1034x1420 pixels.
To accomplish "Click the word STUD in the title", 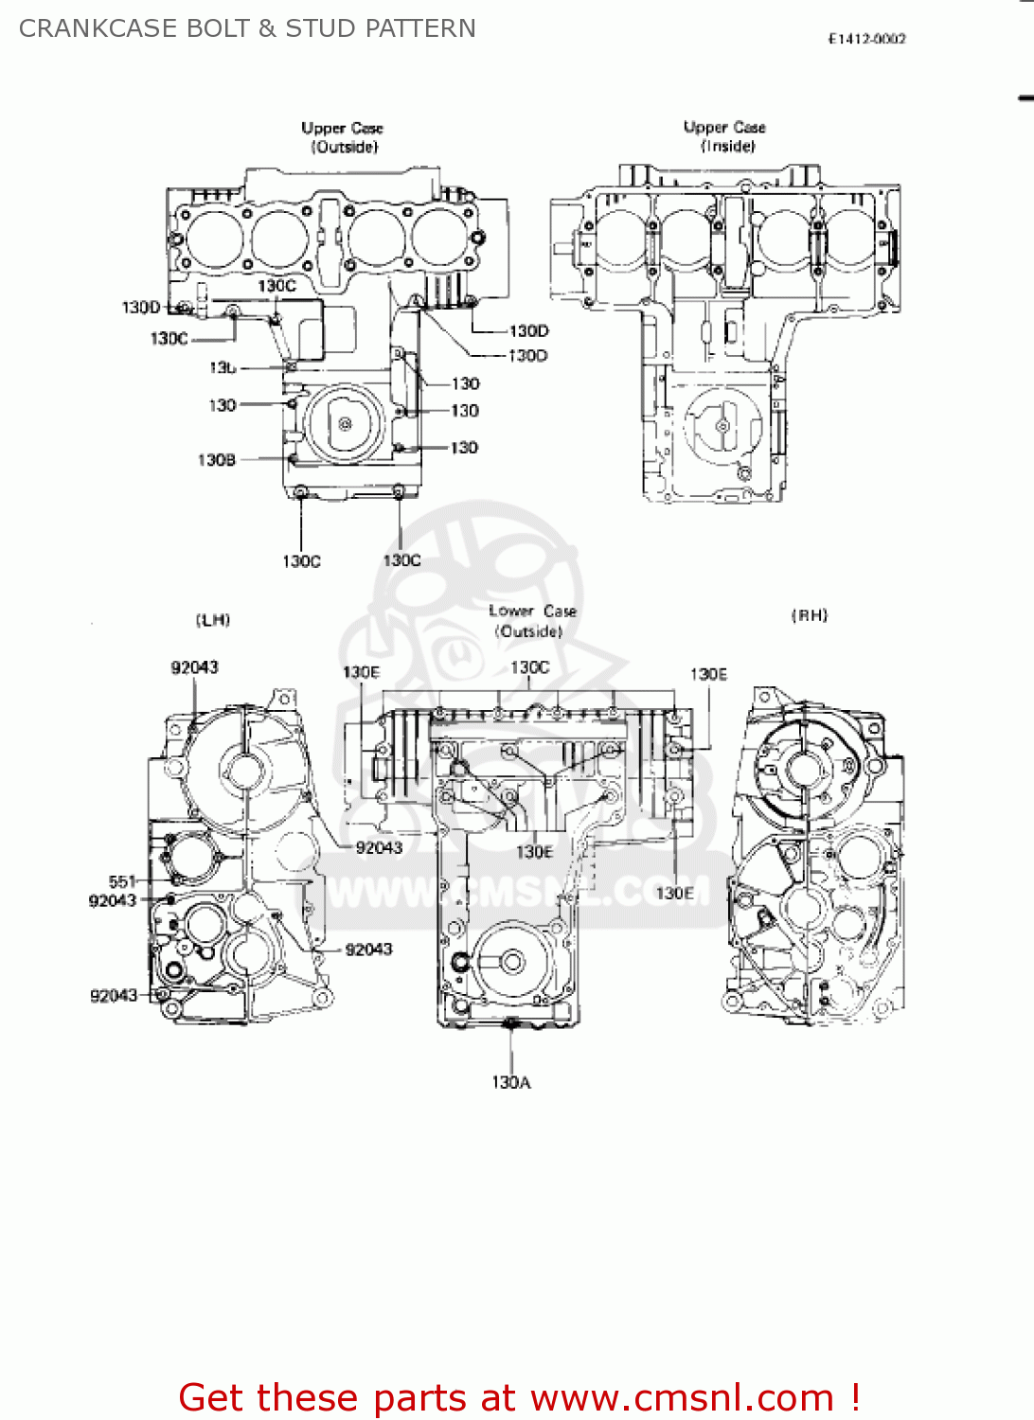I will [319, 28].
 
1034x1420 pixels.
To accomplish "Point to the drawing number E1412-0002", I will [866, 39].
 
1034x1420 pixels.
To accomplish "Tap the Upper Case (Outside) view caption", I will [343, 137].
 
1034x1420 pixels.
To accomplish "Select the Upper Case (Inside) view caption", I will [725, 136].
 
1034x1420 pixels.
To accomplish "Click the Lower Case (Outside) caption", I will [532, 621].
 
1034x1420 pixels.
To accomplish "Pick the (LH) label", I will [213, 620].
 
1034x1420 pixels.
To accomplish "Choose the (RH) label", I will [810, 615].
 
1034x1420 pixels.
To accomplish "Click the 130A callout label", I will [511, 1082].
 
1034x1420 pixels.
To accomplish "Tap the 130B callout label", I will [216, 460].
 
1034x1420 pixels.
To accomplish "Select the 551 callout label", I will [122, 881].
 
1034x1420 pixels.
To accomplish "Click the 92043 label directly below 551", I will [113, 900].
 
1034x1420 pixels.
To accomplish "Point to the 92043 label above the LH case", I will [194, 667].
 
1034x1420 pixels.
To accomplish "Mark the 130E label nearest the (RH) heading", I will [708, 674].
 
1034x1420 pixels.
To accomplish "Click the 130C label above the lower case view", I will [529, 667].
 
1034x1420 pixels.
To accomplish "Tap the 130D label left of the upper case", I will [141, 308].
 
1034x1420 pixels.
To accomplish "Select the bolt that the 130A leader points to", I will [511, 1022].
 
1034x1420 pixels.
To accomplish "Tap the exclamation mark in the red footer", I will [854, 1397].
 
